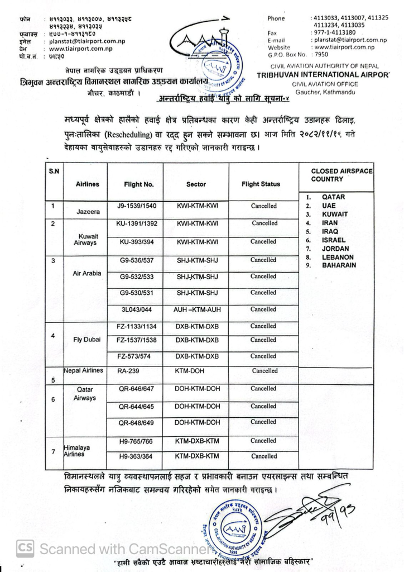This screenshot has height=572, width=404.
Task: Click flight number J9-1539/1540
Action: click(x=136, y=206)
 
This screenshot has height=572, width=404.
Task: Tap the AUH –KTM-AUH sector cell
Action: click(x=195, y=309)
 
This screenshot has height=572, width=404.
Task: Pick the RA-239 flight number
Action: click(x=123, y=370)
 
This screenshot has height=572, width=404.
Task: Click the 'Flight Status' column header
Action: click(x=261, y=184)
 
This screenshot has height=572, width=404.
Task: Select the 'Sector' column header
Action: click(x=196, y=184)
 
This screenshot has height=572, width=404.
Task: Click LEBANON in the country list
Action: click(x=338, y=257)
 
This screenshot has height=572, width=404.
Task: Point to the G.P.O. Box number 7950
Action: click(x=321, y=55)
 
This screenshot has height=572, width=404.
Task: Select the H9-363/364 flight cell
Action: click(x=136, y=456)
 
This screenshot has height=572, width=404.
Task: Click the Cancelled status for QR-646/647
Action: click(x=263, y=389)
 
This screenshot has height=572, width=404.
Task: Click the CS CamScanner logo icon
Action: click(x=24, y=548)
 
